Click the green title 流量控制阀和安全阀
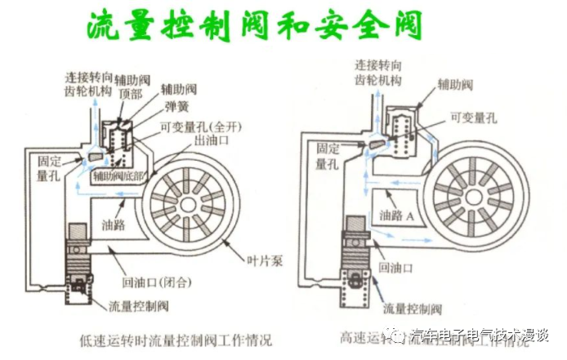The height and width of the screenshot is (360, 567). tap(254, 26)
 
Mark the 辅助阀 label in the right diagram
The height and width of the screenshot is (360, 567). tap(454, 83)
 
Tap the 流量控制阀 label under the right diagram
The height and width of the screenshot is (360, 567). tap(413, 309)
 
